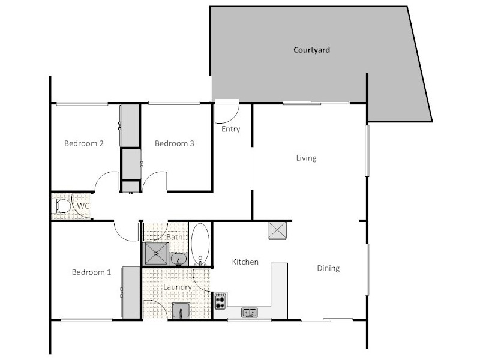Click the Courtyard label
click(311, 50)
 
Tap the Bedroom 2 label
click(84, 143)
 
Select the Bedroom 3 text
click(174, 143)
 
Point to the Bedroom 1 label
click(91, 272)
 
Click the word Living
click(306, 158)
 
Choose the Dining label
click(328, 268)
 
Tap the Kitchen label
click(245, 262)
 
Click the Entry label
click(230, 129)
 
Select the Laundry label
click(178, 287)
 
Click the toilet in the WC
click(61, 206)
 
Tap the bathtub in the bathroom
click(200, 244)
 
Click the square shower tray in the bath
click(157, 254)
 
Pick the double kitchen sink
click(250, 312)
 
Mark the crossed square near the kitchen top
click(278, 230)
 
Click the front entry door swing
click(227, 110)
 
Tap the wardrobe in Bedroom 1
click(131, 292)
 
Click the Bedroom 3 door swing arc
click(154, 181)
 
